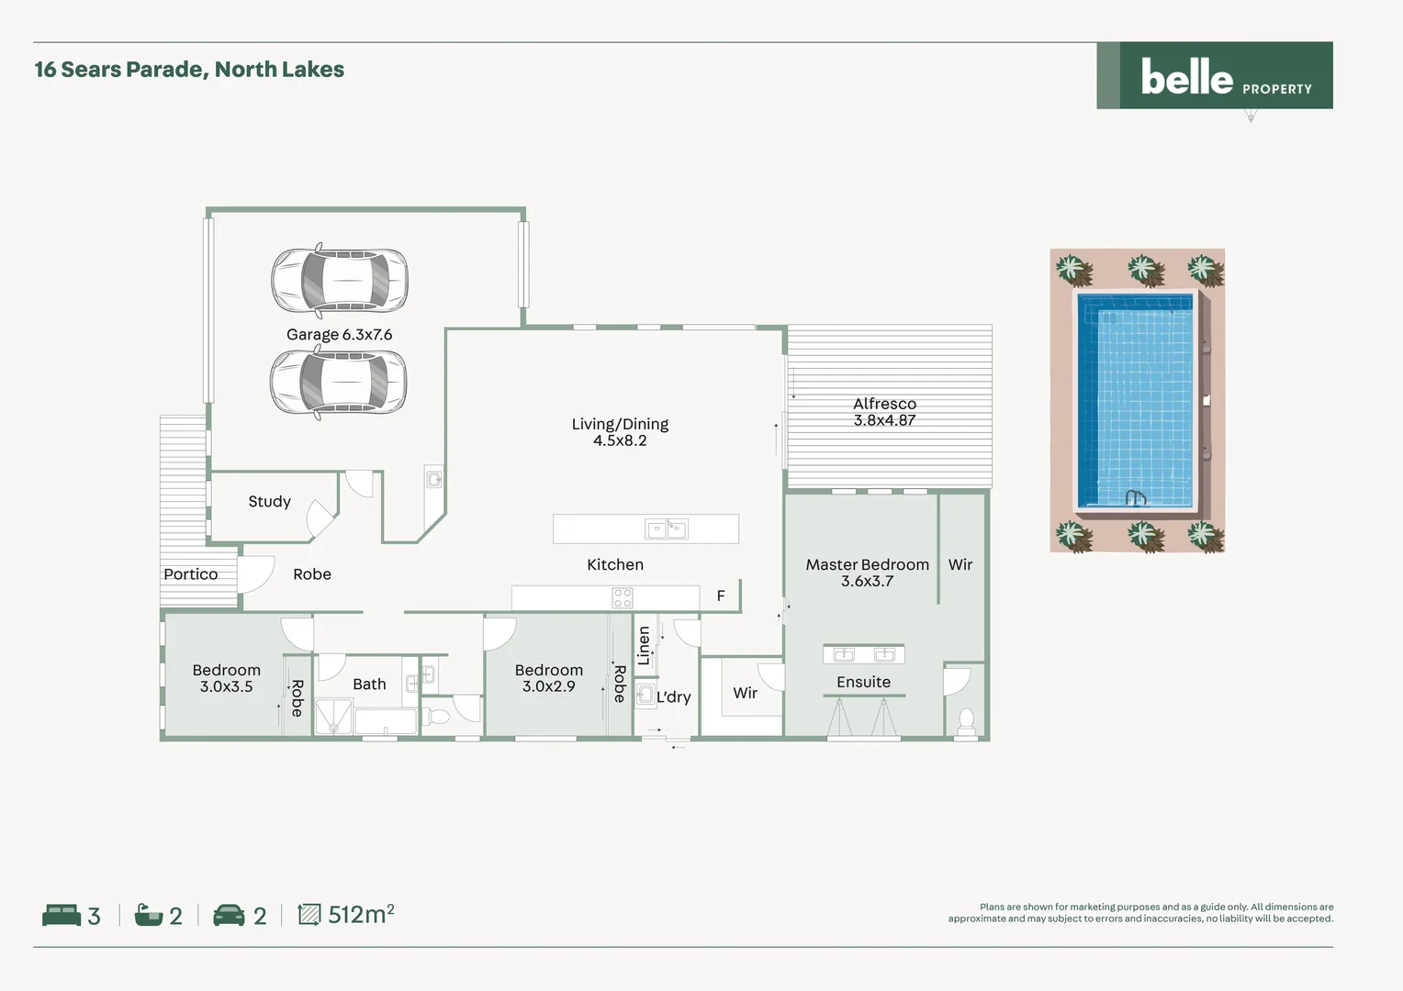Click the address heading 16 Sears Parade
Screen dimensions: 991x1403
click(x=189, y=70)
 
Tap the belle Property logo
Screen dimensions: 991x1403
click(x=1215, y=76)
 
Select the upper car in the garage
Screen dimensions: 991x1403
click(x=340, y=280)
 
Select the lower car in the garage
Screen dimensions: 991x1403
click(x=338, y=383)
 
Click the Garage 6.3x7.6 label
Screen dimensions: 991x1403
click(x=339, y=335)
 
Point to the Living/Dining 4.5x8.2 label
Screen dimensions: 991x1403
click(x=620, y=432)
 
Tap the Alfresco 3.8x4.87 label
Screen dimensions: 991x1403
click(x=884, y=412)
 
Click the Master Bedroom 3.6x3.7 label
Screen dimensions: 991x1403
click(x=867, y=573)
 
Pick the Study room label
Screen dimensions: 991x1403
click(x=269, y=502)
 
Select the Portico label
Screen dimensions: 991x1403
click(x=191, y=574)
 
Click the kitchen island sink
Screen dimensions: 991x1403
click(x=667, y=529)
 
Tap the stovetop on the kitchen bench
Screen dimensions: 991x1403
click(x=623, y=598)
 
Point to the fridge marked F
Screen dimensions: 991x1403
click(x=721, y=596)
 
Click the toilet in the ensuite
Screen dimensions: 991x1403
click(x=966, y=721)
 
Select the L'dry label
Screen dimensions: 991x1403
click(x=673, y=697)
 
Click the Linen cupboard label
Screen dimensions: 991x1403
click(x=644, y=645)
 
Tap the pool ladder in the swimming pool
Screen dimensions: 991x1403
click(x=1136, y=498)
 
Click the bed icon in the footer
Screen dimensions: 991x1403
click(x=62, y=915)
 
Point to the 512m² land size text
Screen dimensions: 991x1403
click(x=361, y=915)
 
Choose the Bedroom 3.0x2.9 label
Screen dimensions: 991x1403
click(x=548, y=678)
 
